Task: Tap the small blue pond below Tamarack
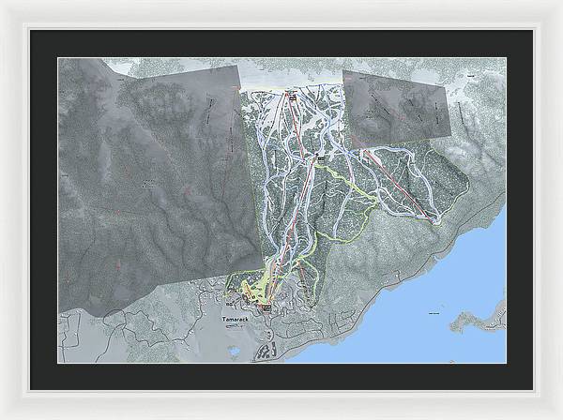(x=233, y=352)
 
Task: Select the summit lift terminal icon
(x=290, y=96)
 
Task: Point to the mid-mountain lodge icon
(x=322, y=159)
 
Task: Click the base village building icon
(x=265, y=305)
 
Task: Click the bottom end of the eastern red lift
(x=434, y=220)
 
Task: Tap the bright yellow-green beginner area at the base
(x=247, y=291)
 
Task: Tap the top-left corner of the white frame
(x=3, y=3)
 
